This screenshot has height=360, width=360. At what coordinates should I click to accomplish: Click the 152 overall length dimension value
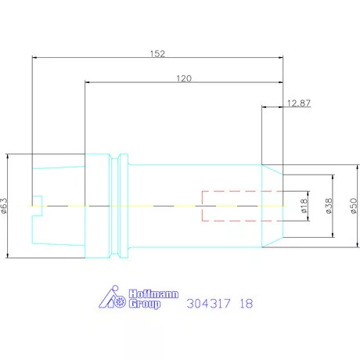[157, 54]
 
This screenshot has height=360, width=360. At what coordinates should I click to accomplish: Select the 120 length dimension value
[185, 79]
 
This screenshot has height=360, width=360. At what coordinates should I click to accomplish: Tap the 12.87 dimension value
[299, 103]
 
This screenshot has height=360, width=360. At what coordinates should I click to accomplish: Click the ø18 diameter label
[304, 206]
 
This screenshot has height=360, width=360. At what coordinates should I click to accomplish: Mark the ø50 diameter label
[352, 204]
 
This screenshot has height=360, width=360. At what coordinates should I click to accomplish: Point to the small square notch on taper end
[35, 198]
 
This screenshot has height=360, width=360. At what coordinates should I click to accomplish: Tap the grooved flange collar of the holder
[119, 205]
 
